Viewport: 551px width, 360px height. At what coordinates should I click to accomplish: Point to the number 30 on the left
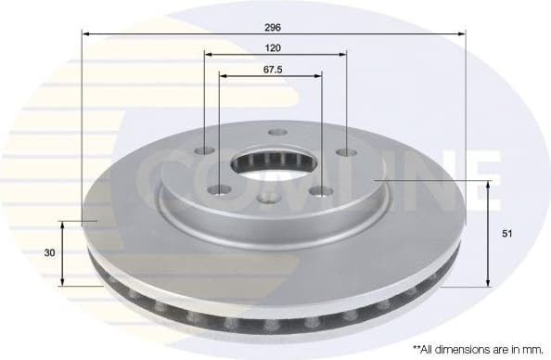[x=49, y=252]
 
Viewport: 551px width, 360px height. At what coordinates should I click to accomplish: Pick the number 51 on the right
[x=507, y=234]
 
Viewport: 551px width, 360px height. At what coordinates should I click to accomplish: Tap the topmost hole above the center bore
[x=275, y=133]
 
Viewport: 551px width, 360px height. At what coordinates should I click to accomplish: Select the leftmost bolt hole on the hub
[x=205, y=152]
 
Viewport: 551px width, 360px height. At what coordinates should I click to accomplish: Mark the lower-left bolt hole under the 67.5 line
[x=220, y=190]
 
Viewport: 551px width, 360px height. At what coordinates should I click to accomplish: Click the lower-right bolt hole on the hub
[x=323, y=191]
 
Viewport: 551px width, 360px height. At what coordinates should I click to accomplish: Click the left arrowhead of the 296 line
[x=86, y=32]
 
